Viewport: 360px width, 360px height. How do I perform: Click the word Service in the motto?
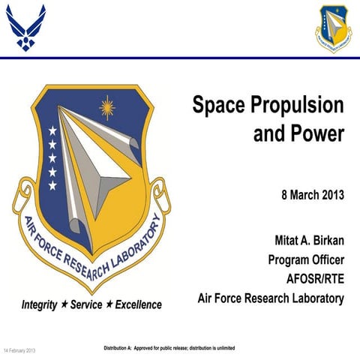point(91,305)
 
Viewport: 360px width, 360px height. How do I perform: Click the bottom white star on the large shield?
point(52,185)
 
